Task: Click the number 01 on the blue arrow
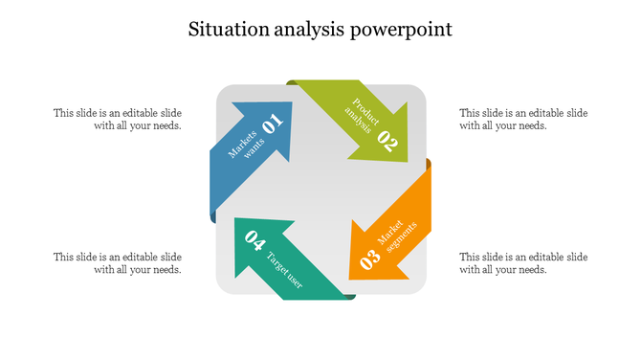[273, 124]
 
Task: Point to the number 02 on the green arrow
[387, 141]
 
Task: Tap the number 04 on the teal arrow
[254, 238]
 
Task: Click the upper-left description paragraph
[118, 119]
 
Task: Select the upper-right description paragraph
[523, 119]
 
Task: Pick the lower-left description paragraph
[118, 263]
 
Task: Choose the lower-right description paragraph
[523, 263]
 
